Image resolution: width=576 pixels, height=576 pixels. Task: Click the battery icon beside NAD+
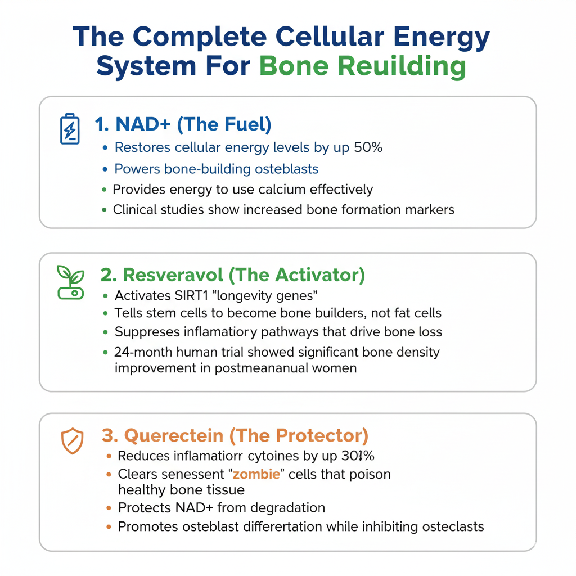[70, 129]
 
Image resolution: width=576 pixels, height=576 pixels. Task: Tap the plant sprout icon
[70, 282]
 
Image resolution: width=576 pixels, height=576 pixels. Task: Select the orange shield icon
[72, 441]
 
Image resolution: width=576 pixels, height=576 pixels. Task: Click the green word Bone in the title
[294, 66]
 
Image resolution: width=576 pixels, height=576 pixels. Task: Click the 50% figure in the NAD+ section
[368, 147]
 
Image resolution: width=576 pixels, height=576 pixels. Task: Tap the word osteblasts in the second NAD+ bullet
[286, 169]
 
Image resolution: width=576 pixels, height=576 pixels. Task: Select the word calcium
[282, 189]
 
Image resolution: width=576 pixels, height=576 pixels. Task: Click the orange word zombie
[256, 474]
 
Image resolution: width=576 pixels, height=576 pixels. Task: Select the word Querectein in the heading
[174, 436]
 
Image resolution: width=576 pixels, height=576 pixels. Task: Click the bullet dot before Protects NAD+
[109, 508]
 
